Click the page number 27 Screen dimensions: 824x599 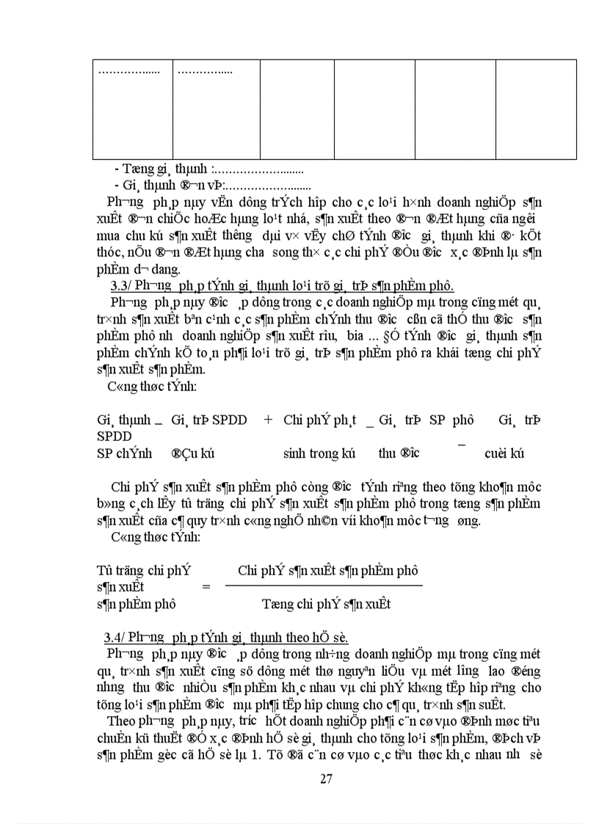pyautogui.click(x=326, y=779)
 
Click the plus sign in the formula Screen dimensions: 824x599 pyautogui.click(x=268, y=420)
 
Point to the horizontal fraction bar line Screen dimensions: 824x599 pyautogui.click(x=324, y=585)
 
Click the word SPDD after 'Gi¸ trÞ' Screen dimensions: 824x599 pyautogui.click(x=228, y=420)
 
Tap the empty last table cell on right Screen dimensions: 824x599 pyautogui.click(x=535, y=109)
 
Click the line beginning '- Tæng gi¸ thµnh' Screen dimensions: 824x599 pyautogui.click(x=209, y=169)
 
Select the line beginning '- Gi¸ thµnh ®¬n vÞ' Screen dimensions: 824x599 pyautogui.click(x=213, y=185)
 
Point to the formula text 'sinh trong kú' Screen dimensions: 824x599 pyautogui.click(x=319, y=453)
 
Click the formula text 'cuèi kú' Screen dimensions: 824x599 pyautogui.click(x=504, y=453)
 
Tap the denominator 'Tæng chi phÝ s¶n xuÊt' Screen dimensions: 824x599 pyautogui.click(x=326, y=604)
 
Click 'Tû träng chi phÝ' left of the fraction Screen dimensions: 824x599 pyautogui.click(x=144, y=569)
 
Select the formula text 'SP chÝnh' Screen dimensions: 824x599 pyautogui.click(x=124, y=453)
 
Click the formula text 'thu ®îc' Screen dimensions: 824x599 pyautogui.click(x=399, y=453)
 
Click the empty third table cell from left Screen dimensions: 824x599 pyautogui.click(x=297, y=109)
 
